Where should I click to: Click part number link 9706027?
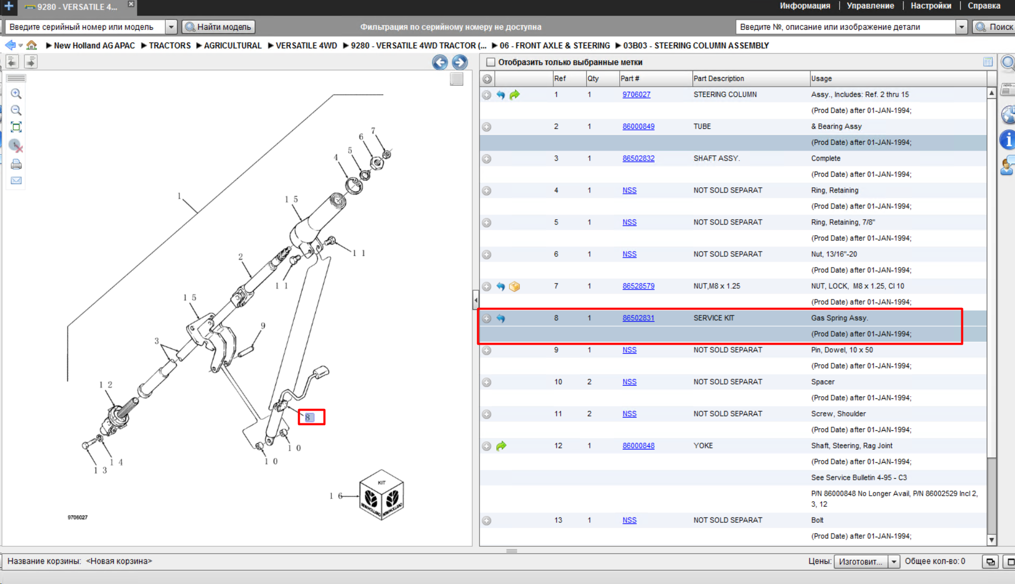636,95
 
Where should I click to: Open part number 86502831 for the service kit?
638,318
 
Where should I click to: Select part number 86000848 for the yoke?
638,446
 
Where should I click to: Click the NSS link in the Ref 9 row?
629,350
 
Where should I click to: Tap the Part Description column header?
718,79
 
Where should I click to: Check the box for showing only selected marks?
490,62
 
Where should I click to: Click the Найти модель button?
218,27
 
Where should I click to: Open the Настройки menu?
931,6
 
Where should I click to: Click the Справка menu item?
984,6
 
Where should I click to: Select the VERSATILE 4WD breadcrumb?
306,46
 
